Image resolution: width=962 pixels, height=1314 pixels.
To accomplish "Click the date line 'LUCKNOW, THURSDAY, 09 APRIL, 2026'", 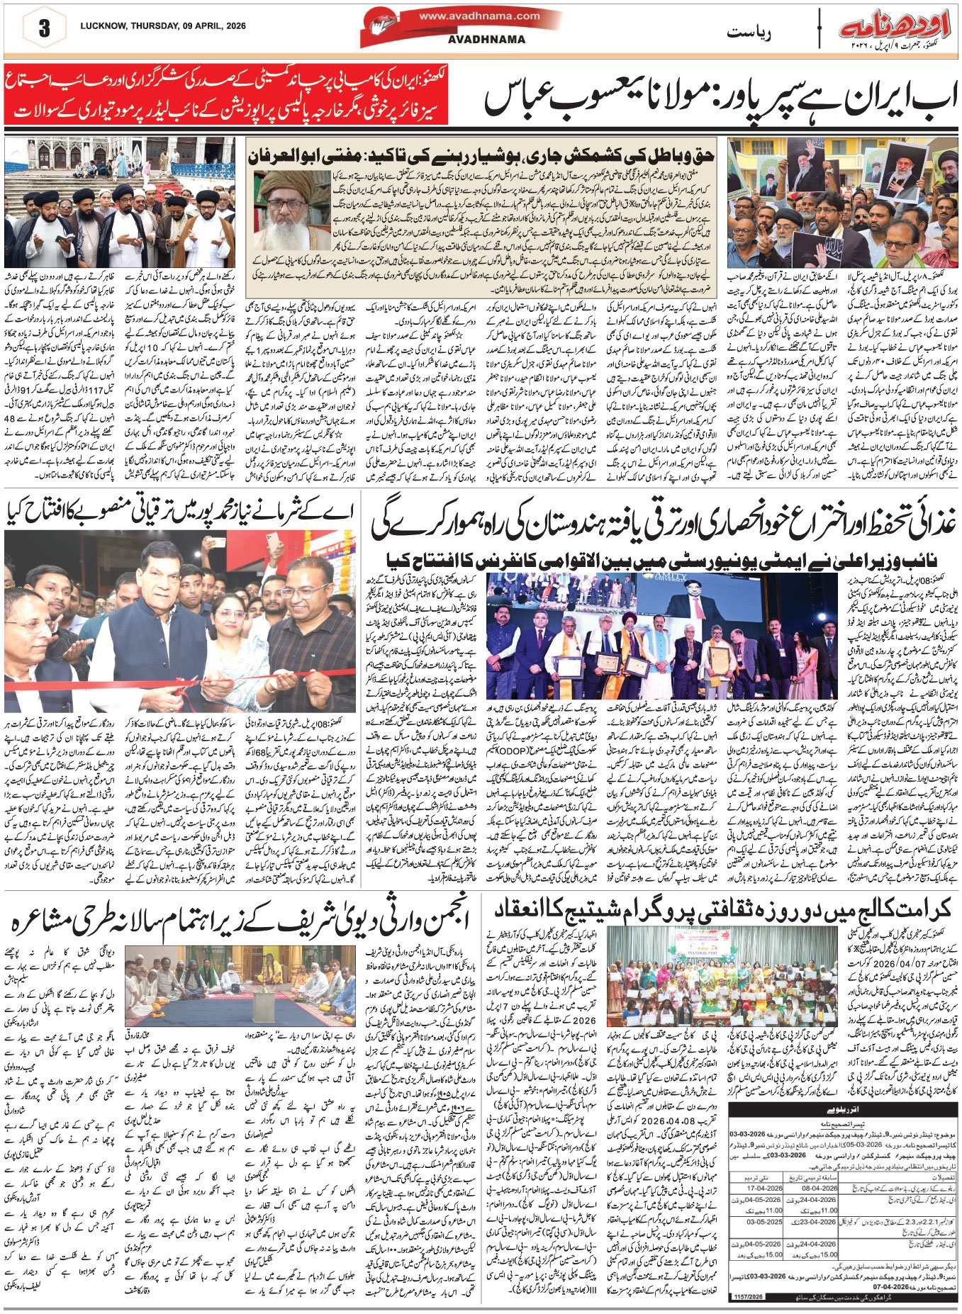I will click(x=163, y=26).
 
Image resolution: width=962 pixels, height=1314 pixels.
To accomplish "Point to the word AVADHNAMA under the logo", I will click(x=486, y=40).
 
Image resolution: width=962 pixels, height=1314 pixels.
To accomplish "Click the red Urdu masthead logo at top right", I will click(x=895, y=29).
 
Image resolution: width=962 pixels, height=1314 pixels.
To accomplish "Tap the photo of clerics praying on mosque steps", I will click(x=119, y=203).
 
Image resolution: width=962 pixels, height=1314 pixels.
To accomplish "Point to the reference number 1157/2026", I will click(x=749, y=1296).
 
